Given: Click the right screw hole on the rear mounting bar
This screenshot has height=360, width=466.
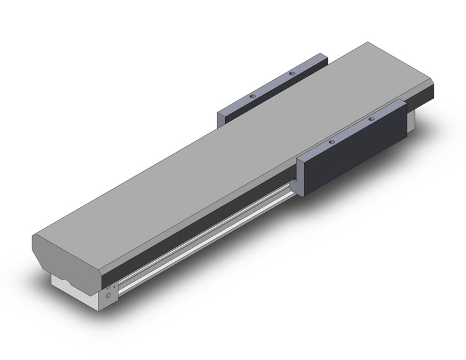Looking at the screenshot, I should (292, 74).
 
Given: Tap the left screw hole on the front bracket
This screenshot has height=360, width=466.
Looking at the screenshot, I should (332, 142).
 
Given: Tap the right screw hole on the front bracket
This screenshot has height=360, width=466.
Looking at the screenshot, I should (371, 119).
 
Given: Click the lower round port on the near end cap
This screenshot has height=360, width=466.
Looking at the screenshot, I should (109, 296).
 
